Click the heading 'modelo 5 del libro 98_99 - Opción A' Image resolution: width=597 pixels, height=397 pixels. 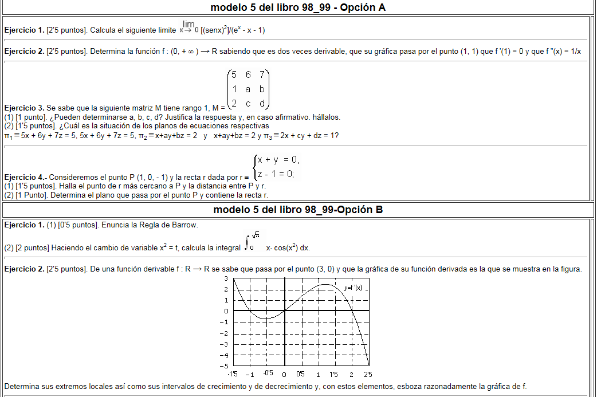click(298, 7)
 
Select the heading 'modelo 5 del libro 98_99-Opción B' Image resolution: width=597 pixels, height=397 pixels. click(298, 210)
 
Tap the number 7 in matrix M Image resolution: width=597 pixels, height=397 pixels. click(262, 74)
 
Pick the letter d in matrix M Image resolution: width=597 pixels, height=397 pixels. click(262, 104)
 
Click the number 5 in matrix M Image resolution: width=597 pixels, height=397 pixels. click(234, 74)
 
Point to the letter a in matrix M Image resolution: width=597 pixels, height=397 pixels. click(248, 89)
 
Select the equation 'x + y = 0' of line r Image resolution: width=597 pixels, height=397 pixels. click(278, 160)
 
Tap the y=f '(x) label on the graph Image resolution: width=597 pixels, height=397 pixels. click(353, 288)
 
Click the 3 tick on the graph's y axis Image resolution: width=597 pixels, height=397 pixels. click(226, 278)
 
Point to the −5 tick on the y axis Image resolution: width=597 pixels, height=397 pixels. click(225, 365)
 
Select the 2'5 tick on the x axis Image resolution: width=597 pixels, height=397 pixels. click(367, 374)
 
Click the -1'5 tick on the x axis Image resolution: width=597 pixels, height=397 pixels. click(233, 374)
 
